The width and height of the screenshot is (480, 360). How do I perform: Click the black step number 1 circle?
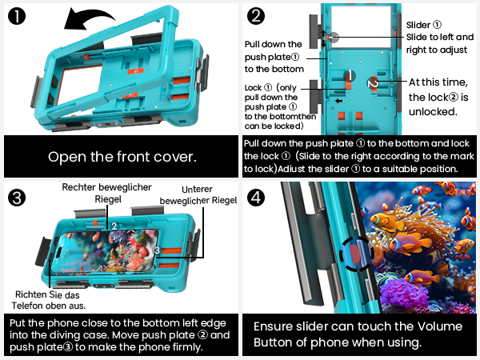[17, 16]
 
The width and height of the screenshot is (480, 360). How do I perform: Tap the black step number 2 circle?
[256, 16]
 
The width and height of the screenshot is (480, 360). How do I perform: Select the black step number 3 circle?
[17, 198]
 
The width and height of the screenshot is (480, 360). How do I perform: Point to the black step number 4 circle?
[256, 198]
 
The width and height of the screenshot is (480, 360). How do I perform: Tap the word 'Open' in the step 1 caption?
[66, 157]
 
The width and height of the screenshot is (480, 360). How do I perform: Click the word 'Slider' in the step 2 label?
[418, 25]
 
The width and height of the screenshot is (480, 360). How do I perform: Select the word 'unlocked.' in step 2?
[433, 112]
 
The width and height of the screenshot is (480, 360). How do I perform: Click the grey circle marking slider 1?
[334, 38]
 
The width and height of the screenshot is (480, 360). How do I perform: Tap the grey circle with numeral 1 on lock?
[350, 75]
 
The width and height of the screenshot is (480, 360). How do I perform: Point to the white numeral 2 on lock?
[373, 83]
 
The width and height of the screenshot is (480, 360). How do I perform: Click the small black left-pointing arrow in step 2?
[338, 101]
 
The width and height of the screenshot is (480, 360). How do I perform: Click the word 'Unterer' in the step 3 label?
[197, 190]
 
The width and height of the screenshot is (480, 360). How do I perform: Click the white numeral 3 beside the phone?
[157, 250]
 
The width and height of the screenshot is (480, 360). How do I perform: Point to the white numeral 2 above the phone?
[114, 226]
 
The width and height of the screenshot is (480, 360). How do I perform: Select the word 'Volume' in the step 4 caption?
[440, 326]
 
